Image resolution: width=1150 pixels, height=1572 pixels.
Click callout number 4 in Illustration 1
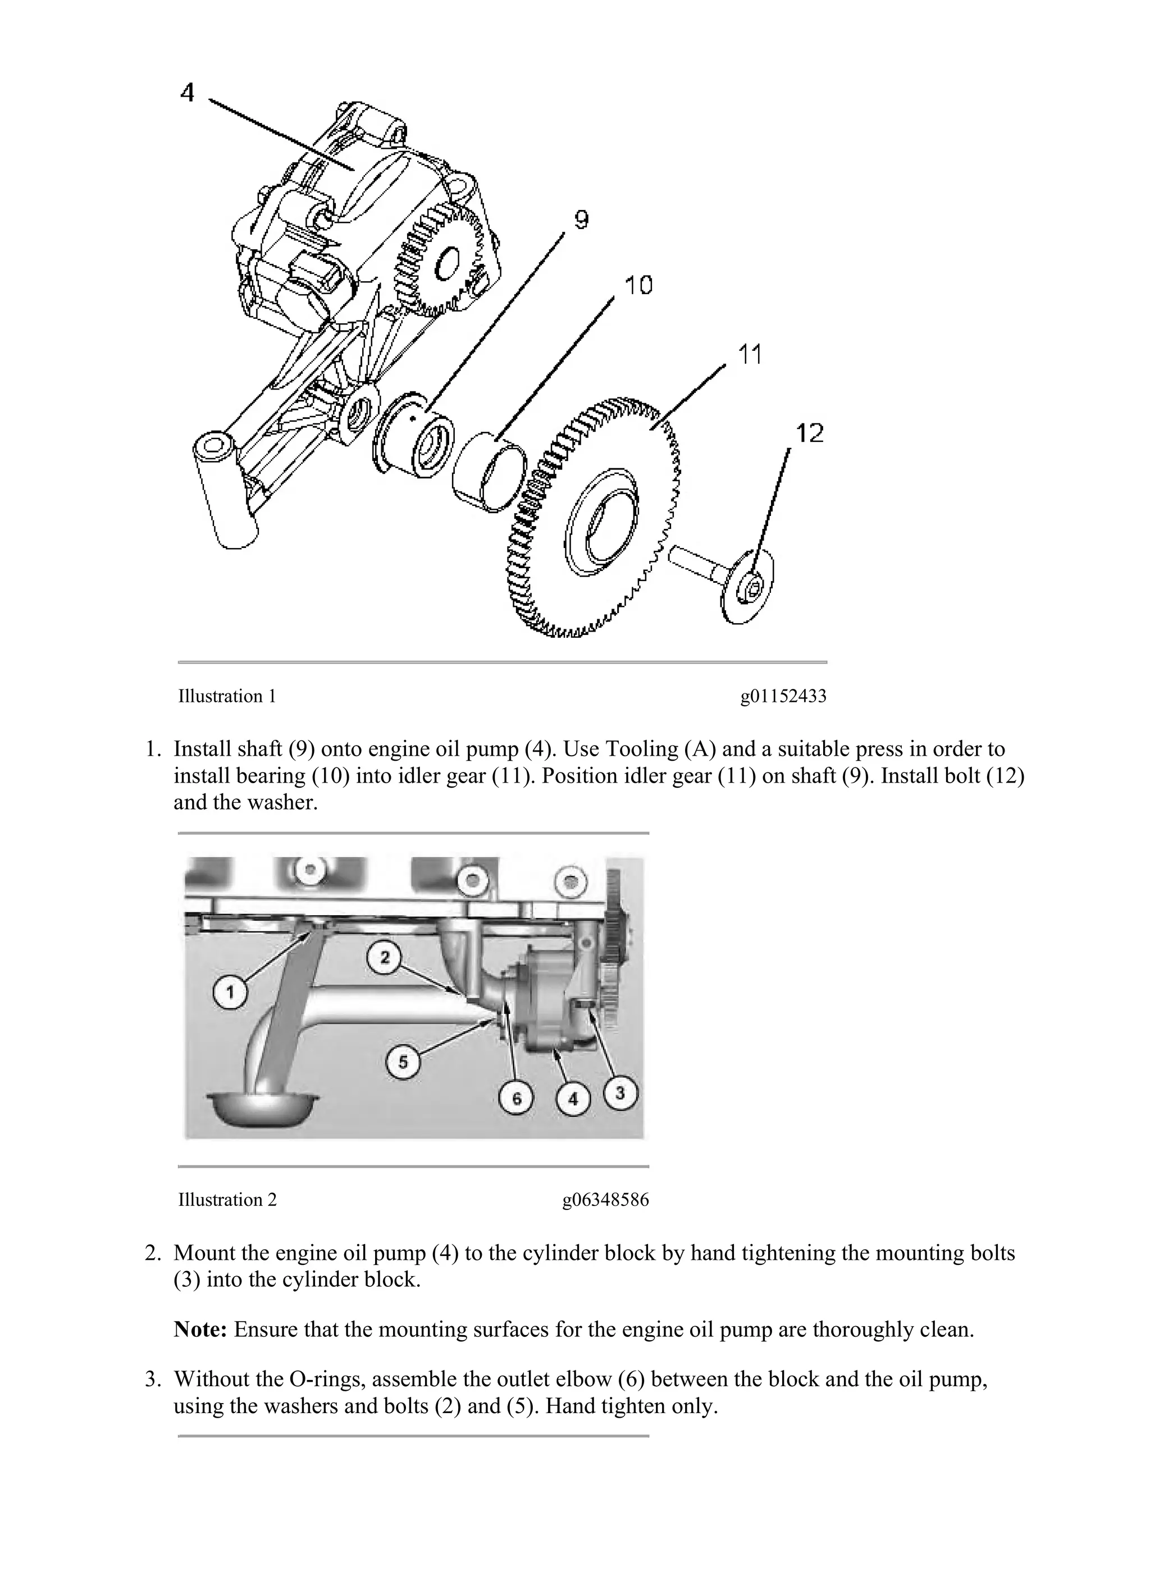(187, 92)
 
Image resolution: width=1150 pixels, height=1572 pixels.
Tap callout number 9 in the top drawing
(581, 220)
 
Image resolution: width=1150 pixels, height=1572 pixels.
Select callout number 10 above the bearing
(638, 285)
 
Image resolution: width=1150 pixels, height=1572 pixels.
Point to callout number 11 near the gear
(749, 354)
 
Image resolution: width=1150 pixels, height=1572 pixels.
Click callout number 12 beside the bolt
(809, 433)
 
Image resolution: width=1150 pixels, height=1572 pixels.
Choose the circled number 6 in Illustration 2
(517, 1098)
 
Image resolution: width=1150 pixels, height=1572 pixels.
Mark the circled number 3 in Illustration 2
(620, 1093)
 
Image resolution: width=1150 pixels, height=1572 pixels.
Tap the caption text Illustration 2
(227, 1200)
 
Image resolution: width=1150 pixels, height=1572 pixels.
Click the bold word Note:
(200, 1330)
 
